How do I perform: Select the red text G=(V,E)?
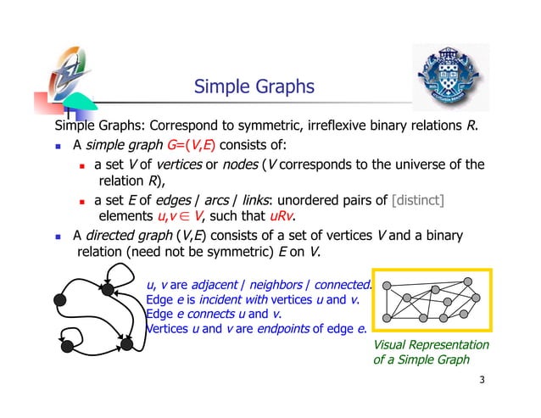(x=200, y=144)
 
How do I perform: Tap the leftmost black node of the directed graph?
(x=59, y=298)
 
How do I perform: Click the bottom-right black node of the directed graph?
(x=125, y=346)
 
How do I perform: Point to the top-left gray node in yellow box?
(x=391, y=286)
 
